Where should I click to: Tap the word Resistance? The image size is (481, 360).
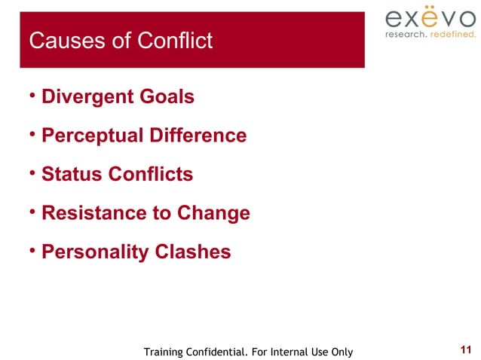[x=87, y=213]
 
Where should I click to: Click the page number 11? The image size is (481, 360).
[x=465, y=349]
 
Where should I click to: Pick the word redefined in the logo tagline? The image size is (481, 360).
[x=453, y=34]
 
